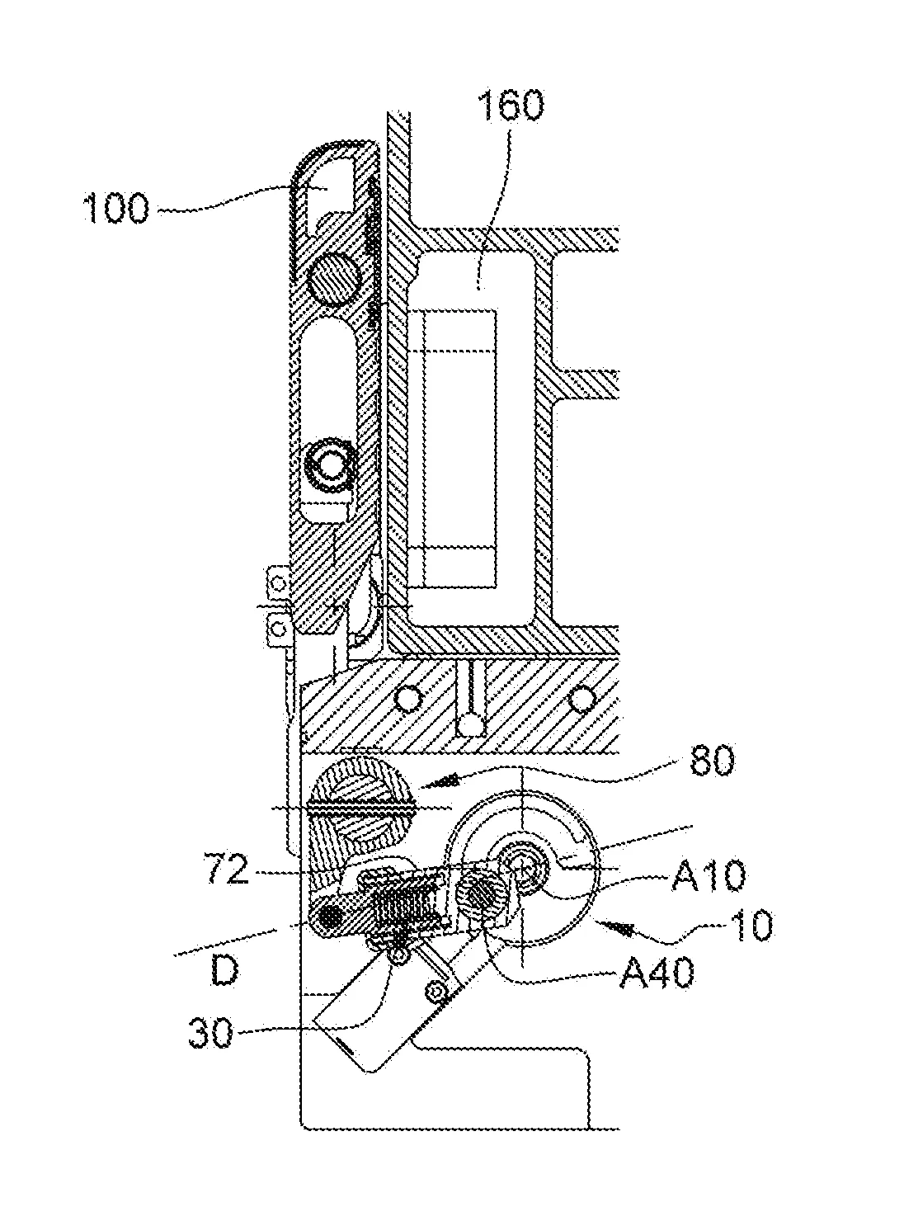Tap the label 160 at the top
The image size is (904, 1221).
tap(511, 106)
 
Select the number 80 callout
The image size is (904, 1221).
tap(713, 761)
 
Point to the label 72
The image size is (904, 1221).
tap(226, 870)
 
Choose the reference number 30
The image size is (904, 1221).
tap(211, 1033)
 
